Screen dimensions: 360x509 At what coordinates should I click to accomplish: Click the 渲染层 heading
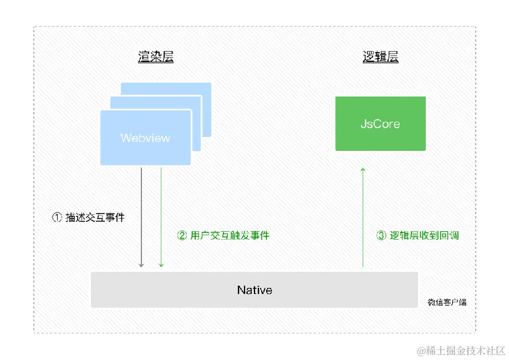[156, 57]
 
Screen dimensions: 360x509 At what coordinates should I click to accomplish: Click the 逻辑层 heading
[380, 57]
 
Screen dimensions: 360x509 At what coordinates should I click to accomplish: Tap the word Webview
[145, 138]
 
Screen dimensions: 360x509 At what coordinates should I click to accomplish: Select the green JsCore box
[380, 123]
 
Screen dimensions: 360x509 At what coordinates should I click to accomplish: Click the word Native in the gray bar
[254, 290]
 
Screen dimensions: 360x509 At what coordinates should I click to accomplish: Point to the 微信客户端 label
[447, 302]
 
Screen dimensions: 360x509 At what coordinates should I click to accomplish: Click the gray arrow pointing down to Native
[141, 216]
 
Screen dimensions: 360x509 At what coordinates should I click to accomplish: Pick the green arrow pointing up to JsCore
[363, 216]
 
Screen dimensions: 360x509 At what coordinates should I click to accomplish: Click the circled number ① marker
[57, 217]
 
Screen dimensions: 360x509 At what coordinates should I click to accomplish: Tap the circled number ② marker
[182, 235]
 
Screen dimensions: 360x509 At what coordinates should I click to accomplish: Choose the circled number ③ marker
[381, 235]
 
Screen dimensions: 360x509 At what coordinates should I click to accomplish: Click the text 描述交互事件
[95, 217]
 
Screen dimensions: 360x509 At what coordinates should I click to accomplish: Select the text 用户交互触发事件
[230, 235]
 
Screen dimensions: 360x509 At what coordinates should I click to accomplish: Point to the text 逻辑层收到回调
[424, 235]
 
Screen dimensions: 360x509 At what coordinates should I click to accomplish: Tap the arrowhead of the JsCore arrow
[363, 169]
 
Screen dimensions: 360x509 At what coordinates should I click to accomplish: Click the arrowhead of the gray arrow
[141, 265]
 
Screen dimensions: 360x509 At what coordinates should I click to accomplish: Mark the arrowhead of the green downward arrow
[161, 265]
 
